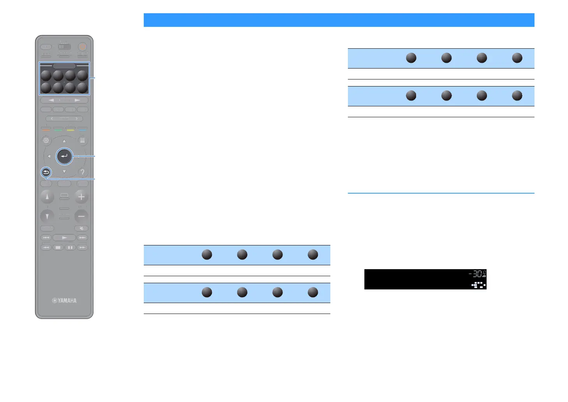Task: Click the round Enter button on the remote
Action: (64, 157)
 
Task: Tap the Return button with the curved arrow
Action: (46, 172)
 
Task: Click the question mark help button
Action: (82, 172)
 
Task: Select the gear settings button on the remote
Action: (46, 140)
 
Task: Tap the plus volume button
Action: (81, 197)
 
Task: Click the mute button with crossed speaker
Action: (81, 228)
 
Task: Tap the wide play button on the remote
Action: (64, 238)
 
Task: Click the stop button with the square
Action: (58, 247)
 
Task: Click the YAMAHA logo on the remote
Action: (64, 301)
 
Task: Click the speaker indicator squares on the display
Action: (479, 285)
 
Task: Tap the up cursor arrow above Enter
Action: (64, 141)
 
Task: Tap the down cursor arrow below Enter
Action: (64, 171)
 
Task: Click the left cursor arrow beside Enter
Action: (49, 157)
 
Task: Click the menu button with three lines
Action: (82, 140)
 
